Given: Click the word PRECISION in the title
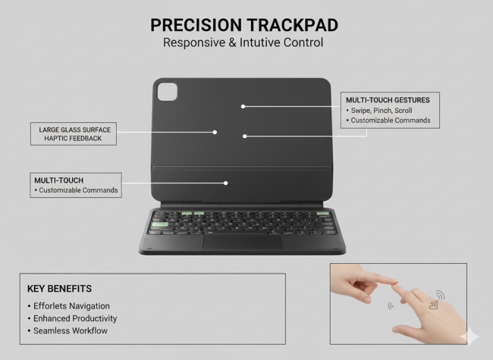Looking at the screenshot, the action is click(196, 25).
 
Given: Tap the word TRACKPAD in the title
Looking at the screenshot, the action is click(293, 25).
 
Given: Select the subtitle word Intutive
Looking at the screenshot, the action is click(259, 42).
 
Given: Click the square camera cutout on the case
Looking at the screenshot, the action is click(168, 92).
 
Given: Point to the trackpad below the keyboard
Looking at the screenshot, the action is click(243, 243).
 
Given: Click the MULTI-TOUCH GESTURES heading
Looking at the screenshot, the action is click(388, 100).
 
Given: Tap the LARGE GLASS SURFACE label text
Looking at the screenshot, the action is click(75, 130).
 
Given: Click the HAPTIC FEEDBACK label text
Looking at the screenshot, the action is click(73, 139).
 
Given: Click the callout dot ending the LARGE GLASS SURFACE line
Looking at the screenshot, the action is click(215, 132).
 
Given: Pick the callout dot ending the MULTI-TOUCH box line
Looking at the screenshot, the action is click(226, 183).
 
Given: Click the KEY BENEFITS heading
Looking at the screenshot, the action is click(59, 289).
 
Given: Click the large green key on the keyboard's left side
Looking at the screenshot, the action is click(160, 224).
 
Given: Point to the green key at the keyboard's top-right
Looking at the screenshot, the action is click(322, 214).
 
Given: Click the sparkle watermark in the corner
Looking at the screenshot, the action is click(469, 337).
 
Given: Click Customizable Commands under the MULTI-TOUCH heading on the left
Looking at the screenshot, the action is click(78, 190).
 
